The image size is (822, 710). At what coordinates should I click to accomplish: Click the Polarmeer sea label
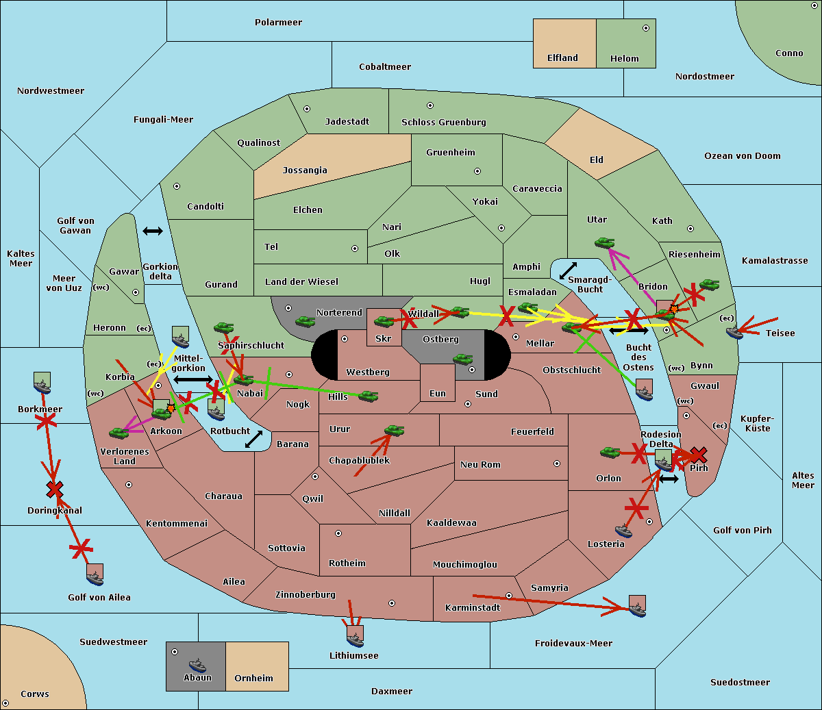278,23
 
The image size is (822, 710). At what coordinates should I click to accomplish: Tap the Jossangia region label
305,170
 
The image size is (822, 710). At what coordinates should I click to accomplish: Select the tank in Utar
604,242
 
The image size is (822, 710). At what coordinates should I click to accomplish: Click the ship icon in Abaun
198,665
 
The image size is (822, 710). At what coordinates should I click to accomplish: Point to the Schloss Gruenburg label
444,122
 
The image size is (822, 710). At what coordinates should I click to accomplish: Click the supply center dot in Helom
646,28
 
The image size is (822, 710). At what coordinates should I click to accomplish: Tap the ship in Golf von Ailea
95,577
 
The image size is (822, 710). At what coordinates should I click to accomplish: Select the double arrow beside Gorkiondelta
153,231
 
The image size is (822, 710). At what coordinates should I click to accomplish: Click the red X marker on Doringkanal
55,490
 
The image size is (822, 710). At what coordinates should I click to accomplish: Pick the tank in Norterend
305,321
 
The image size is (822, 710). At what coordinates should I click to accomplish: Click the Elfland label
562,58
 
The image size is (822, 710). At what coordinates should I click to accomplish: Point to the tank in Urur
394,431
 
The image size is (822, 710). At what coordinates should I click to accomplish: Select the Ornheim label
253,678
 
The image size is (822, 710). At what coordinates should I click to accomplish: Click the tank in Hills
368,396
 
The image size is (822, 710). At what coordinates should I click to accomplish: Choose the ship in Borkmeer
42,385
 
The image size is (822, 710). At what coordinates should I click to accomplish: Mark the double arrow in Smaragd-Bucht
568,270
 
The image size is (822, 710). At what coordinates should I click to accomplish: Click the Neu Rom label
480,464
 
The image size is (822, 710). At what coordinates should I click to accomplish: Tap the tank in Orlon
610,453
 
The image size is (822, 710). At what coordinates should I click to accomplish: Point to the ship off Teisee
734,332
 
